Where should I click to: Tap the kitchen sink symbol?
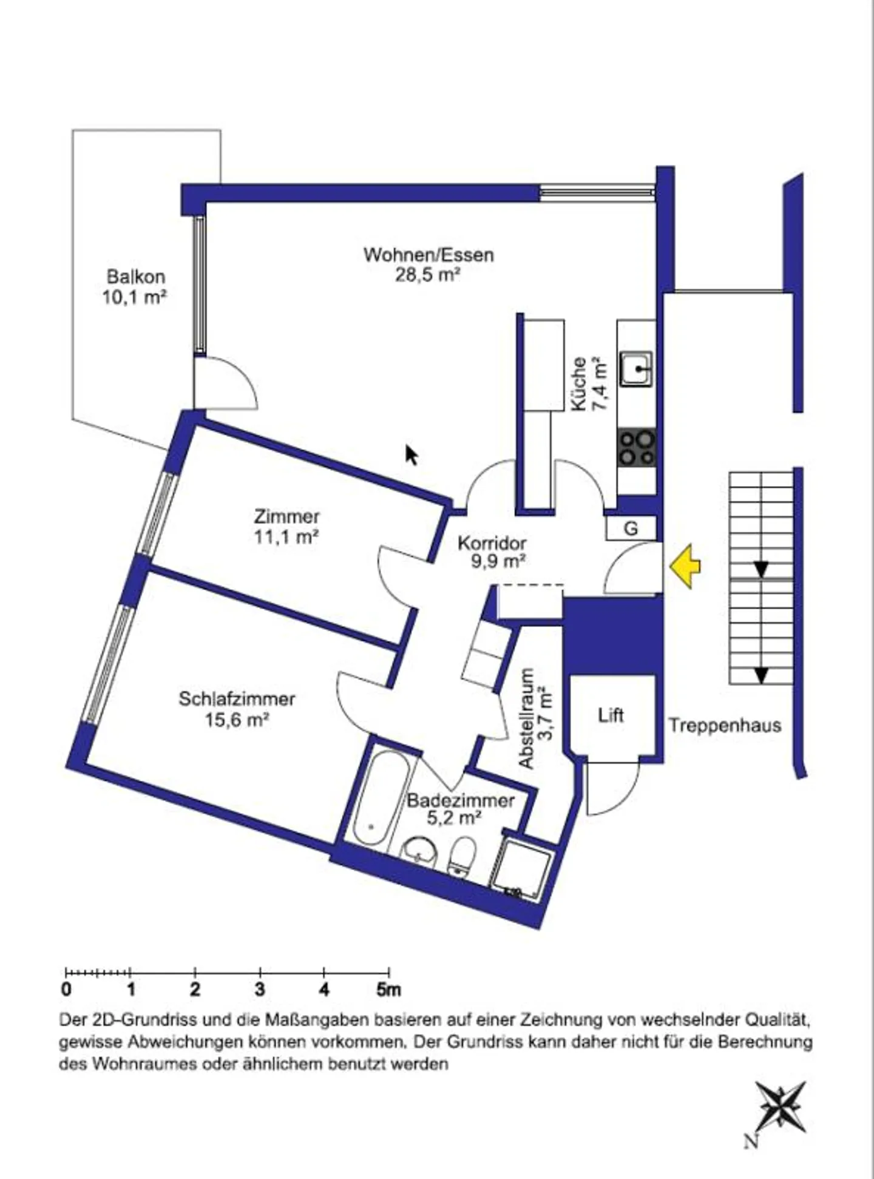tap(636, 368)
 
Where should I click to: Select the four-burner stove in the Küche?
tap(637, 448)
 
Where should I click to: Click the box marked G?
tap(631, 529)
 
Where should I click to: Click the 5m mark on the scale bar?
tap(388, 990)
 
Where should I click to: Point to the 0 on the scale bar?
tap(66, 990)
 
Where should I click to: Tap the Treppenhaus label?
tap(725, 726)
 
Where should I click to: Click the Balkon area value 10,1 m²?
tap(135, 297)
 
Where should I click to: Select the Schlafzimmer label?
tap(237, 699)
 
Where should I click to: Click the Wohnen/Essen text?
tap(429, 254)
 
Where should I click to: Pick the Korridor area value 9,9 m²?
tap(498, 561)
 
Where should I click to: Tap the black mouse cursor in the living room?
tap(412, 454)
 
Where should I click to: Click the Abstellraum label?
tap(527, 718)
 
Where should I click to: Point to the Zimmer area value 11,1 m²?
tap(286, 536)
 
